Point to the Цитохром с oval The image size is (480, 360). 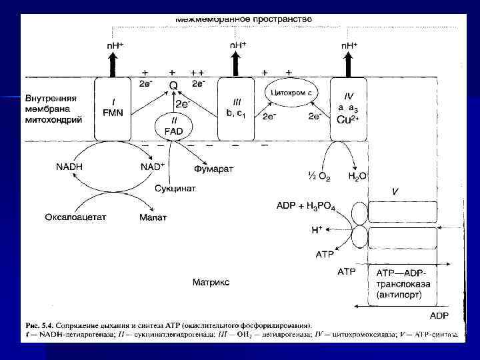pyautogui.click(x=293, y=92)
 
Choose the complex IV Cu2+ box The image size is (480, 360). pyautogui.click(x=351, y=109)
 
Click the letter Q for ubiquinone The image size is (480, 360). pyautogui.click(x=173, y=85)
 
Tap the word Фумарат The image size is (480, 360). pyautogui.click(x=213, y=169)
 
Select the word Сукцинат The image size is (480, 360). pyautogui.click(x=176, y=189)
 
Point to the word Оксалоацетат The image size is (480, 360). pyautogui.click(x=77, y=217)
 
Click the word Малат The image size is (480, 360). pyautogui.click(x=153, y=217)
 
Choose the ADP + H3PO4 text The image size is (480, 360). pyautogui.click(x=309, y=207)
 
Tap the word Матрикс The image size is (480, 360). pyautogui.click(x=211, y=282)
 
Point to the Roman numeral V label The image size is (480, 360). pyautogui.click(x=395, y=191)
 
